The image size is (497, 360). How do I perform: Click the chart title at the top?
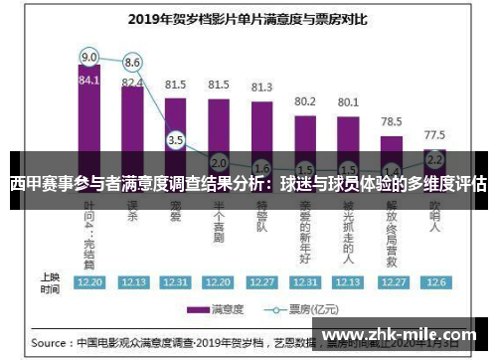(248, 18)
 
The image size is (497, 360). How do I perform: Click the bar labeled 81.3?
(261, 129)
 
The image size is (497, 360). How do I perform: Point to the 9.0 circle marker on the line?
(89, 56)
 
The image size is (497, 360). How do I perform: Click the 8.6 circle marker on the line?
(132, 62)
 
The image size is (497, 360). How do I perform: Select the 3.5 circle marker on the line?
(176, 140)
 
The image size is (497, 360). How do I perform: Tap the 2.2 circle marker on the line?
(434, 158)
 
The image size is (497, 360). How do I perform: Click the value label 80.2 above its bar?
(305, 101)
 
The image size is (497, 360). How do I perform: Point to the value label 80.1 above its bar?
(348, 101)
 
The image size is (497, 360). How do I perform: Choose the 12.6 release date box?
(434, 281)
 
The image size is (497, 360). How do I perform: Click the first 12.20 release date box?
(89, 281)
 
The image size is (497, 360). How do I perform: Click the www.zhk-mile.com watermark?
(401, 335)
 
